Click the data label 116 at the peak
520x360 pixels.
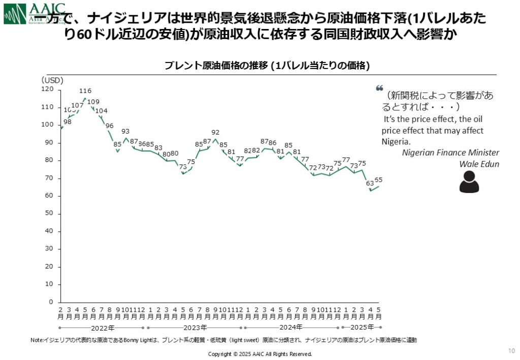click(85, 91)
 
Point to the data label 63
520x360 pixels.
click(370, 183)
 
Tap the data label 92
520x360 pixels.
click(215, 132)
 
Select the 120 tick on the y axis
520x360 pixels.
click(47, 89)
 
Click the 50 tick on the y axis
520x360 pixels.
click(49, 214)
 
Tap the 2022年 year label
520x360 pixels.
click(102, 327)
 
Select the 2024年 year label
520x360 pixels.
click(291, 327)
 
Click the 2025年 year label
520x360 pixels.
click(362, 327)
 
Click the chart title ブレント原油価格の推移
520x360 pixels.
click(267, 66)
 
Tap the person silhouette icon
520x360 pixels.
click(469, 182)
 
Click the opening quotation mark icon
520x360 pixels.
click(379, 88)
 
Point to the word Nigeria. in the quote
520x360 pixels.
click(396, 142)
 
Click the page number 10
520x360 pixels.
click(511, 350)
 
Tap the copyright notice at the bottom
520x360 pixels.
click(260, 354)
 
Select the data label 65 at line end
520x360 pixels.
click(378, 180)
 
